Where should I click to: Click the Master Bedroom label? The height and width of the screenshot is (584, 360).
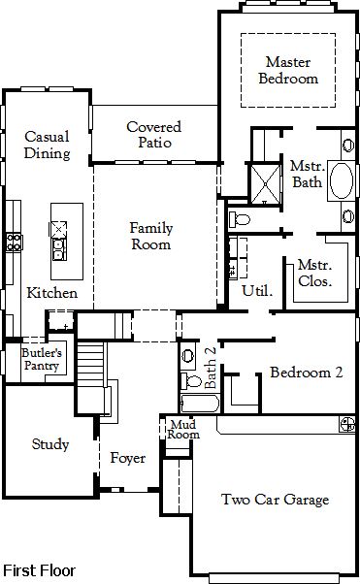point(288,71)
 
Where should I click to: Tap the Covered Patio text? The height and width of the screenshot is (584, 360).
point(154,135)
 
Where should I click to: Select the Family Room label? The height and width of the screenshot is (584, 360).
point(151,236)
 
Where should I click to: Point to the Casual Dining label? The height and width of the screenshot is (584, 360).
point(47,145)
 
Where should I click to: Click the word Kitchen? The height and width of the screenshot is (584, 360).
point(52,293)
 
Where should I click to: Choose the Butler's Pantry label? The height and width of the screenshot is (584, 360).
point(42,359)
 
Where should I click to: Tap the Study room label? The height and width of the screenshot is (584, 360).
point(50,444)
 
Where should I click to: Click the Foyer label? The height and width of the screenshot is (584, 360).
point(127,458)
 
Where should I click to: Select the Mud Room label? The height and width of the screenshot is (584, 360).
point(183,430)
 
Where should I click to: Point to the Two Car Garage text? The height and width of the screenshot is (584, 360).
point(275,500)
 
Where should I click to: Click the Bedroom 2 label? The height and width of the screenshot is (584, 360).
point(306,373)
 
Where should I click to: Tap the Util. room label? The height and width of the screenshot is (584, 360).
point(257,290)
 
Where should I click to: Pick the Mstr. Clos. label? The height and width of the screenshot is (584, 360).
point(315,273)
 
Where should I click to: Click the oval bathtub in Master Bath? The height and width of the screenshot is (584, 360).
point(341,181)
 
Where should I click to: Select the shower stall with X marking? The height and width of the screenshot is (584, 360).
point(265,184)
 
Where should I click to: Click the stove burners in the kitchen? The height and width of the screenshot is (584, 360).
point(14,242)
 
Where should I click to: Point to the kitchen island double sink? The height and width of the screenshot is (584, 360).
point(59,249)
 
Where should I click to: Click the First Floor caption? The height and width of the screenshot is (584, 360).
point(39,570)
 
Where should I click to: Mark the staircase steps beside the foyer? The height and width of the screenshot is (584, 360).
point(90,364)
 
